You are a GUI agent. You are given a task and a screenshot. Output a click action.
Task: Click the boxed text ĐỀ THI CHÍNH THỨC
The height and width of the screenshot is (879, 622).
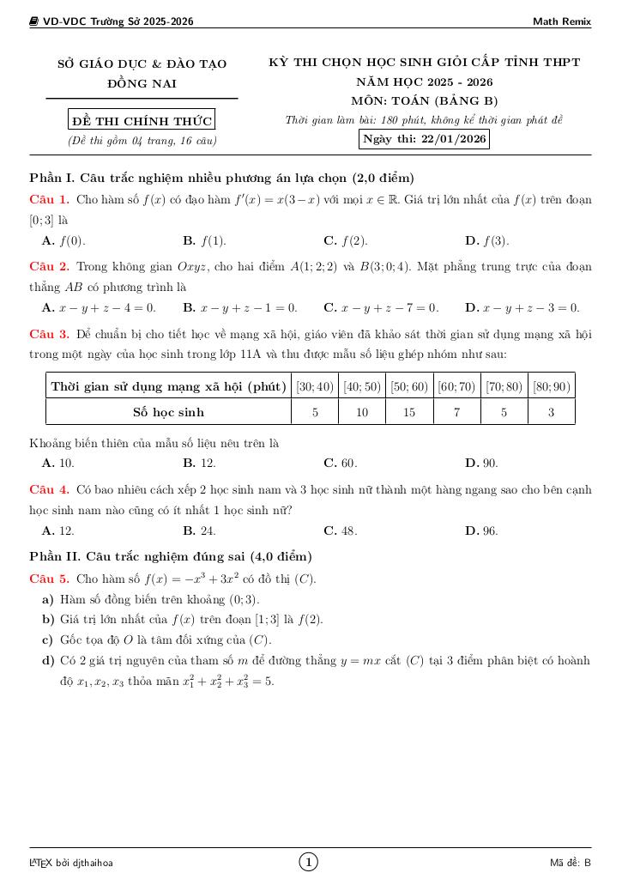pos(142,120)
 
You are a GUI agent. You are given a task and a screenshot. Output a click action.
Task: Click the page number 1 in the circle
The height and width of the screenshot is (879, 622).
pos(309,862)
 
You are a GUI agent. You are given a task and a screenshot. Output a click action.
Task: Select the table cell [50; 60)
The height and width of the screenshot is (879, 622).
pos(409,387)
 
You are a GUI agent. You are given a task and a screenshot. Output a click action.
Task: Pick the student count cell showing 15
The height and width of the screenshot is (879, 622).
pos(409,413)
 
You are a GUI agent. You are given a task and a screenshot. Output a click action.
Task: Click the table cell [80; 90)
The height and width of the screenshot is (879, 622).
pos(551,387)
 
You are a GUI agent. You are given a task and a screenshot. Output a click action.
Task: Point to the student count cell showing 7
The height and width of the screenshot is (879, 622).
pos(456,413)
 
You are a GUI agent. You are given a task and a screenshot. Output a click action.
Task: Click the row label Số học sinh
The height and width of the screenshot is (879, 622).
pos(168,413)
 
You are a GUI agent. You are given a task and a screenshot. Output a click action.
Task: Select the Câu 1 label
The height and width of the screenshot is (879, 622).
pos(49,200)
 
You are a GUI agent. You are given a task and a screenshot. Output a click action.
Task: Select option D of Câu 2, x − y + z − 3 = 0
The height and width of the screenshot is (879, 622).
pos(522,307)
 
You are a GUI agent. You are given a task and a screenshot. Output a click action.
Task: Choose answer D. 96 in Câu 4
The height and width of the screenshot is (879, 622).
pos(481,531)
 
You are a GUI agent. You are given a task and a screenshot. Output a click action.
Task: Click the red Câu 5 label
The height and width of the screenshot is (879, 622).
pos(49,579)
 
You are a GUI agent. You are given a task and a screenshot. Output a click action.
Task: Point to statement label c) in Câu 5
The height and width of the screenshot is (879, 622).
pos(48,640)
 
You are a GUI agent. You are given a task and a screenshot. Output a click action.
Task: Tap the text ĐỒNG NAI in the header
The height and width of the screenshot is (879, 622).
pos(142,84)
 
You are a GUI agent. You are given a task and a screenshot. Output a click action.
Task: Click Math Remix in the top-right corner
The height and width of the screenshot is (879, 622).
pos(562,21)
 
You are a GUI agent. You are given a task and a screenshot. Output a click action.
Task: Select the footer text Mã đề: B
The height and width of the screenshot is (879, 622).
pos(571,863)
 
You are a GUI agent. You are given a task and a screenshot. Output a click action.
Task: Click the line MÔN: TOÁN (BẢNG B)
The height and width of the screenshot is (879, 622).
pos(425,101)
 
